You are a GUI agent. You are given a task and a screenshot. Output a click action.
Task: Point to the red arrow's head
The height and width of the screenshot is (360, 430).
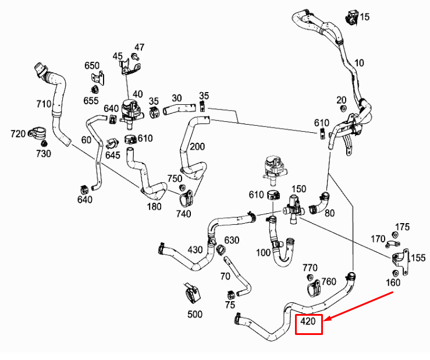326,320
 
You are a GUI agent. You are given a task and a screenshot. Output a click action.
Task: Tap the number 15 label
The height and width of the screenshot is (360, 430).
364,17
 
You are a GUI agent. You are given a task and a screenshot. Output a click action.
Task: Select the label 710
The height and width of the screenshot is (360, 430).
44,104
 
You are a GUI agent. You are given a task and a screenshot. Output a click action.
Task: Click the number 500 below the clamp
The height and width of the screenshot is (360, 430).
195,315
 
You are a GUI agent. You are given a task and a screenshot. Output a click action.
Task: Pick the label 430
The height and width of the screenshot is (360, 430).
195,250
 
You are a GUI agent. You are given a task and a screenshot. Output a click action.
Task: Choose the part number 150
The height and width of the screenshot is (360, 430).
298,189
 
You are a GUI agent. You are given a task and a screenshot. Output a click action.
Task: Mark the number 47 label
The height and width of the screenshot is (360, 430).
139,47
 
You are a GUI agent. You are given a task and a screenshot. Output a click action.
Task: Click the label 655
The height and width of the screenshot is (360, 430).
91,100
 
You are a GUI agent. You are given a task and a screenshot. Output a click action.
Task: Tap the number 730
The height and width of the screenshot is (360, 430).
44,153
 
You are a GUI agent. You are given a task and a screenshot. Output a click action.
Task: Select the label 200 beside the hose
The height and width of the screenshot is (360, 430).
197,146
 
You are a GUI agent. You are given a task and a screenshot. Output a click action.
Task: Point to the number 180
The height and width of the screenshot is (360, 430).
154,207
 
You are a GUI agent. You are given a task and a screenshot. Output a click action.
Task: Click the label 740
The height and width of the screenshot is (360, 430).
183,214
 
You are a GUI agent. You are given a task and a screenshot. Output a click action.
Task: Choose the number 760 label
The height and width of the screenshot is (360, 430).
329,281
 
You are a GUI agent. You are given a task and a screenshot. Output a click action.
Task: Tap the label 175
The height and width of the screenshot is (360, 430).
403,227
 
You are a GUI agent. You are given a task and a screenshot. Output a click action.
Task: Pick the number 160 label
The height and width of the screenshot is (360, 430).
393,283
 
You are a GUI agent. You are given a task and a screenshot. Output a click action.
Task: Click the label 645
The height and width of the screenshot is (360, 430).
113,155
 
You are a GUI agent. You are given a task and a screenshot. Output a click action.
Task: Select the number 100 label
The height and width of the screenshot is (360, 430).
263,253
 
